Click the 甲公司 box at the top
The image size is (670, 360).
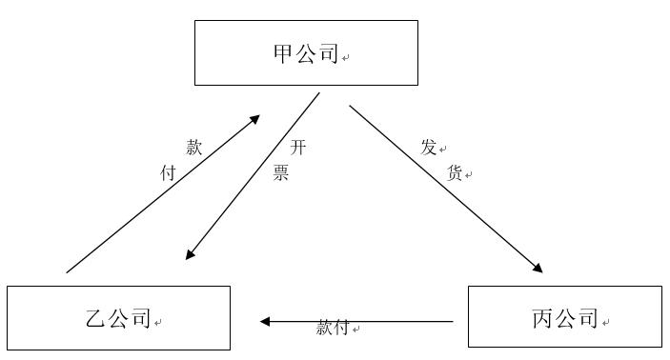pyautogui.click(x=306, y=52)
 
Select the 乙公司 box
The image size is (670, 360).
pyautogui.click(x=118, y=318)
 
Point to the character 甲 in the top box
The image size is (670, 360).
pyautogui.click(x=284, y=54)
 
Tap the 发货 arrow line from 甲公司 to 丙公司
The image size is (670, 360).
pyautogui.click(x=443, y=187)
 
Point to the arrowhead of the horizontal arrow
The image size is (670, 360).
pyautogui.click(x=266, y=321)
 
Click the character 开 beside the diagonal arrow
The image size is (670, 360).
pyautogui.click(x=298, y=148)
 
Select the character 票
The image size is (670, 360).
pyautogui.click(x=281, y=173)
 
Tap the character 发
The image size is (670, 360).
pyautogui.click(x=429, y=148)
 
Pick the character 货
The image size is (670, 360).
pyautogui.click(x=455, y=173)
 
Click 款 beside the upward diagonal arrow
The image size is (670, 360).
pyautogui.click(x=193, y=148)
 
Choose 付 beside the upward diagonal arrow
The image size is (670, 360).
pyautogui.click(x=168, y=173)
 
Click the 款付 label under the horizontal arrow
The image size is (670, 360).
pyautogui.click(x=334, y=329)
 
